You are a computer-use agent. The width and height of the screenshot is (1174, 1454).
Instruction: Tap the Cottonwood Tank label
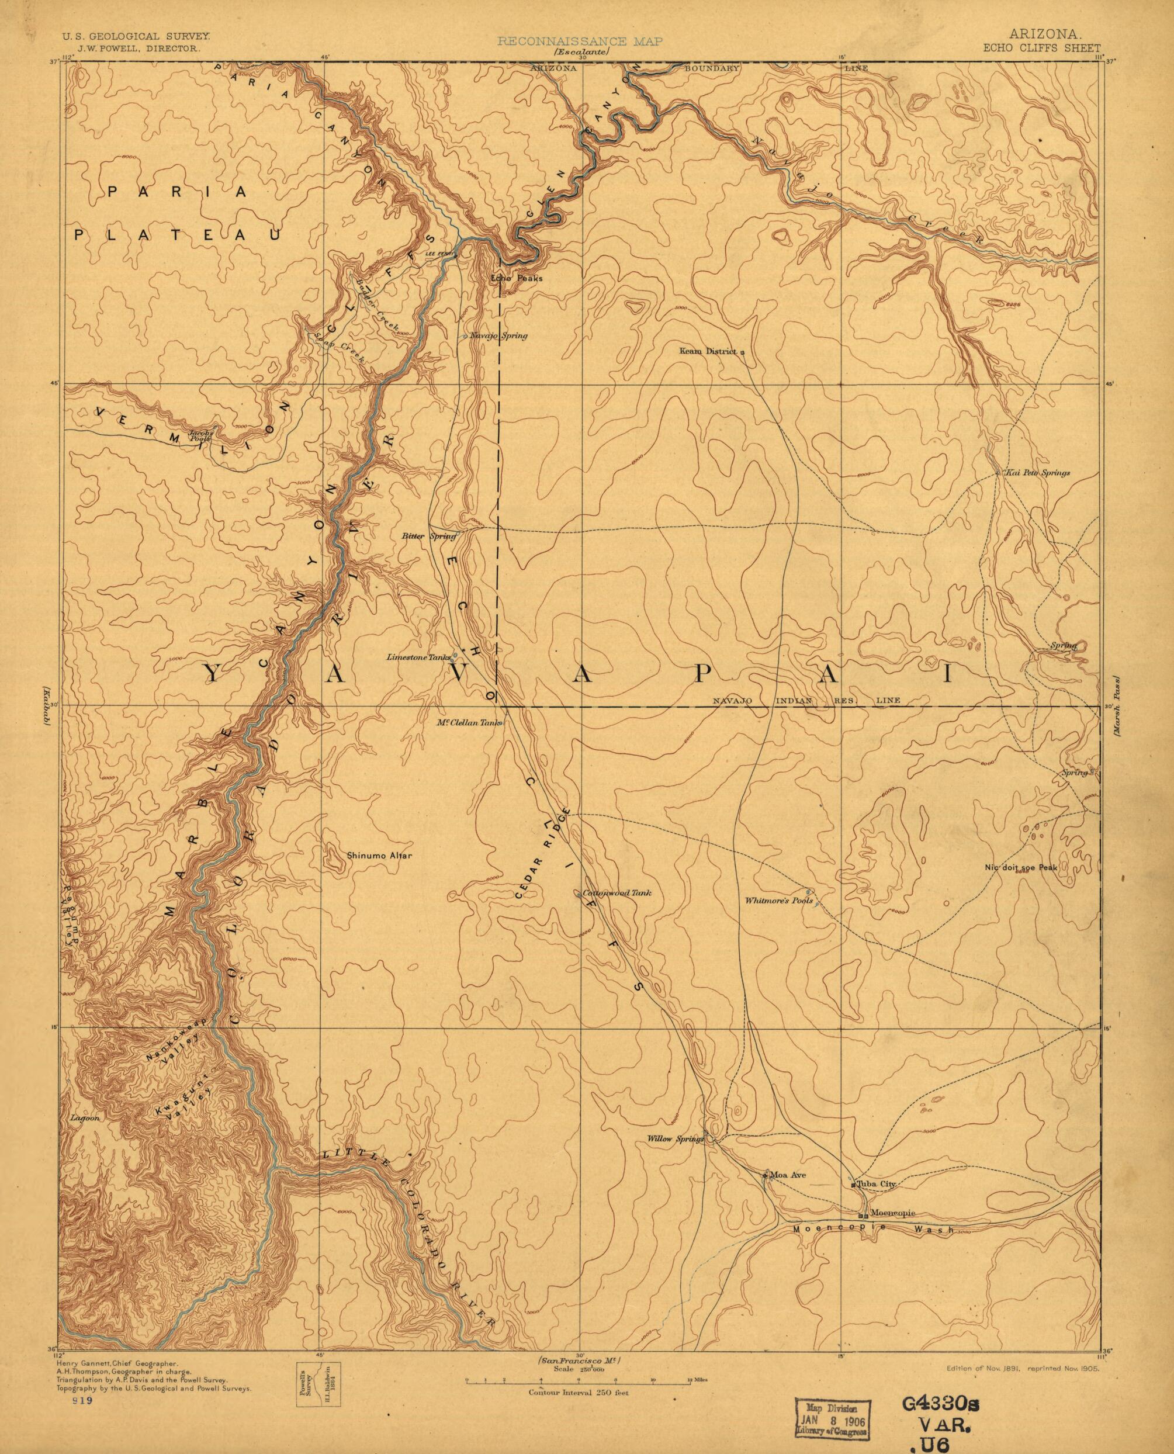pos(617,893)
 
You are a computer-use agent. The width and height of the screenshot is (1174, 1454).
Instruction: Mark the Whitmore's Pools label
pos(778,901)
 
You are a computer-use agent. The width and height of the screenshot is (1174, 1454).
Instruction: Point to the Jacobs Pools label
pos(201,435)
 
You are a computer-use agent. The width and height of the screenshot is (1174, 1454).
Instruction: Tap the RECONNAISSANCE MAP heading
pos(580,41)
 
